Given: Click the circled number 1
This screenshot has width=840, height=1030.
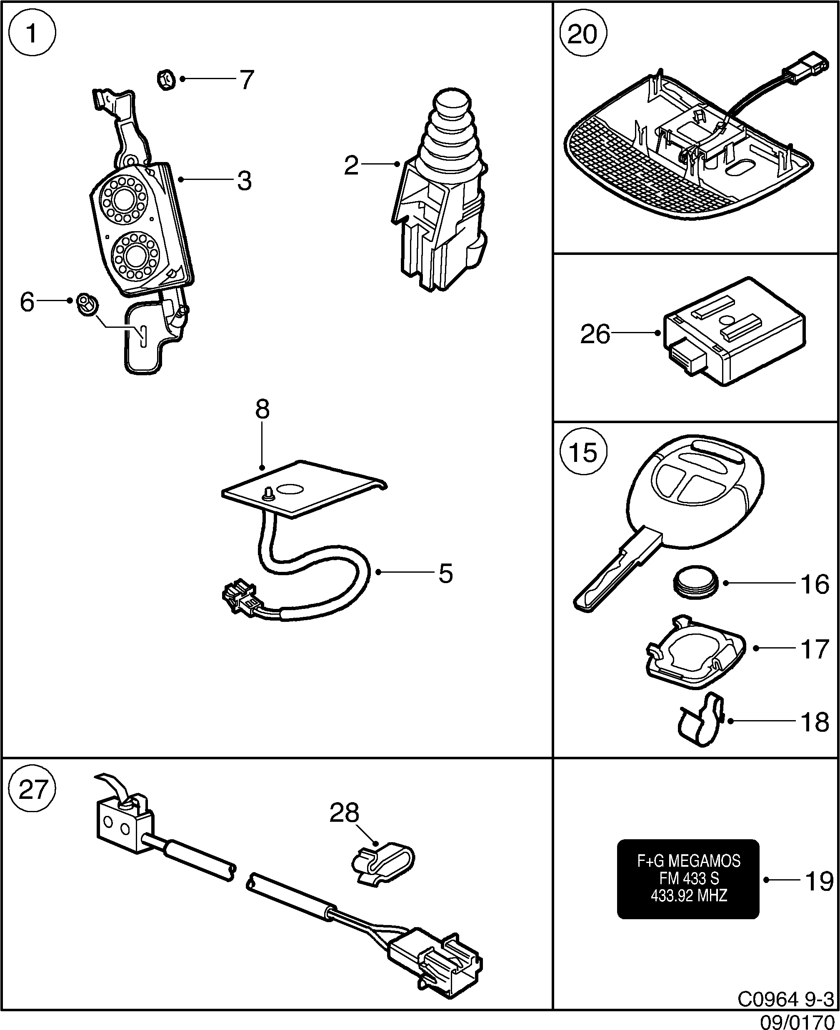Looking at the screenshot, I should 32,34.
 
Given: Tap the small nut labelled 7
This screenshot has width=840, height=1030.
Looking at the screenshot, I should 166,79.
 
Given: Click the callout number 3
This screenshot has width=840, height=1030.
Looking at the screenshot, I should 244,181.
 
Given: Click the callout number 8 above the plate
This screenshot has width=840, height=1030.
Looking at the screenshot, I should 262,409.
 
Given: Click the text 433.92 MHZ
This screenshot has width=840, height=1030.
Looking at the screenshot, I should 689,896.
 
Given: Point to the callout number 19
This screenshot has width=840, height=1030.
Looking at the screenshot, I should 819,880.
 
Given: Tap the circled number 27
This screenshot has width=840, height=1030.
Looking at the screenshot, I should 32,790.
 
